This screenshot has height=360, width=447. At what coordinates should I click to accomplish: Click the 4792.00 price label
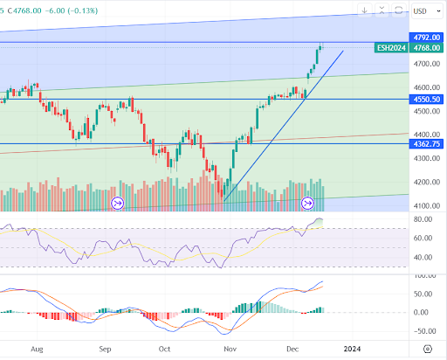point(426,38)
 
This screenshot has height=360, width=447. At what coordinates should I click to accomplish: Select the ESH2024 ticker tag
point(391,48)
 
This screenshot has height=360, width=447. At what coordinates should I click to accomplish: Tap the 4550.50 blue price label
point(426,100)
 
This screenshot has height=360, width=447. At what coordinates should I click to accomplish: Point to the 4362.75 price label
point(426,144)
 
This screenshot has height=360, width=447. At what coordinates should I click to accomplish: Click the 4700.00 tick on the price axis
point(427,64)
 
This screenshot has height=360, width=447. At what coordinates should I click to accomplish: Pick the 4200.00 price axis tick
point(427,183)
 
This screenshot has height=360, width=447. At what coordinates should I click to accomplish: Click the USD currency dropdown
point(427,11)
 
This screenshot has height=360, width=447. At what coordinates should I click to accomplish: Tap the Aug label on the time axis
point(37,349)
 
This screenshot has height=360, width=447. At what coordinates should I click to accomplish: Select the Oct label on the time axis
point(164,349)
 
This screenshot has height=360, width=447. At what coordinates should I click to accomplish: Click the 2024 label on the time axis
point(352,349)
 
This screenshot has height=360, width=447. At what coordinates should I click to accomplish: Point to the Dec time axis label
point(292,349)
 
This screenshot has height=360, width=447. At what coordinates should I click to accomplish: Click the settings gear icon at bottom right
point(428,349)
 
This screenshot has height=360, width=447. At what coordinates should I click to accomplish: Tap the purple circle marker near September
point(118,203)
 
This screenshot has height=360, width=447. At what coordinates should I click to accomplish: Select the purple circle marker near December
point(307,203)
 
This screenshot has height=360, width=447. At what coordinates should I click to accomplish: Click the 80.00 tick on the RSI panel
point(423,219)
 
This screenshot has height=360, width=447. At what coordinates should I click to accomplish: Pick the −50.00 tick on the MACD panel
point(424,331)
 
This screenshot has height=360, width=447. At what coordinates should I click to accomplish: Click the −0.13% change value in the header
point(83,10)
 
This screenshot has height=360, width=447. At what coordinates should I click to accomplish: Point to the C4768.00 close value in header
point(24,10)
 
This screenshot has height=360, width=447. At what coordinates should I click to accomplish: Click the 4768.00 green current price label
point(426,48)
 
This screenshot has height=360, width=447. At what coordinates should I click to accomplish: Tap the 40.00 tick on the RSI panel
point(423,258)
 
